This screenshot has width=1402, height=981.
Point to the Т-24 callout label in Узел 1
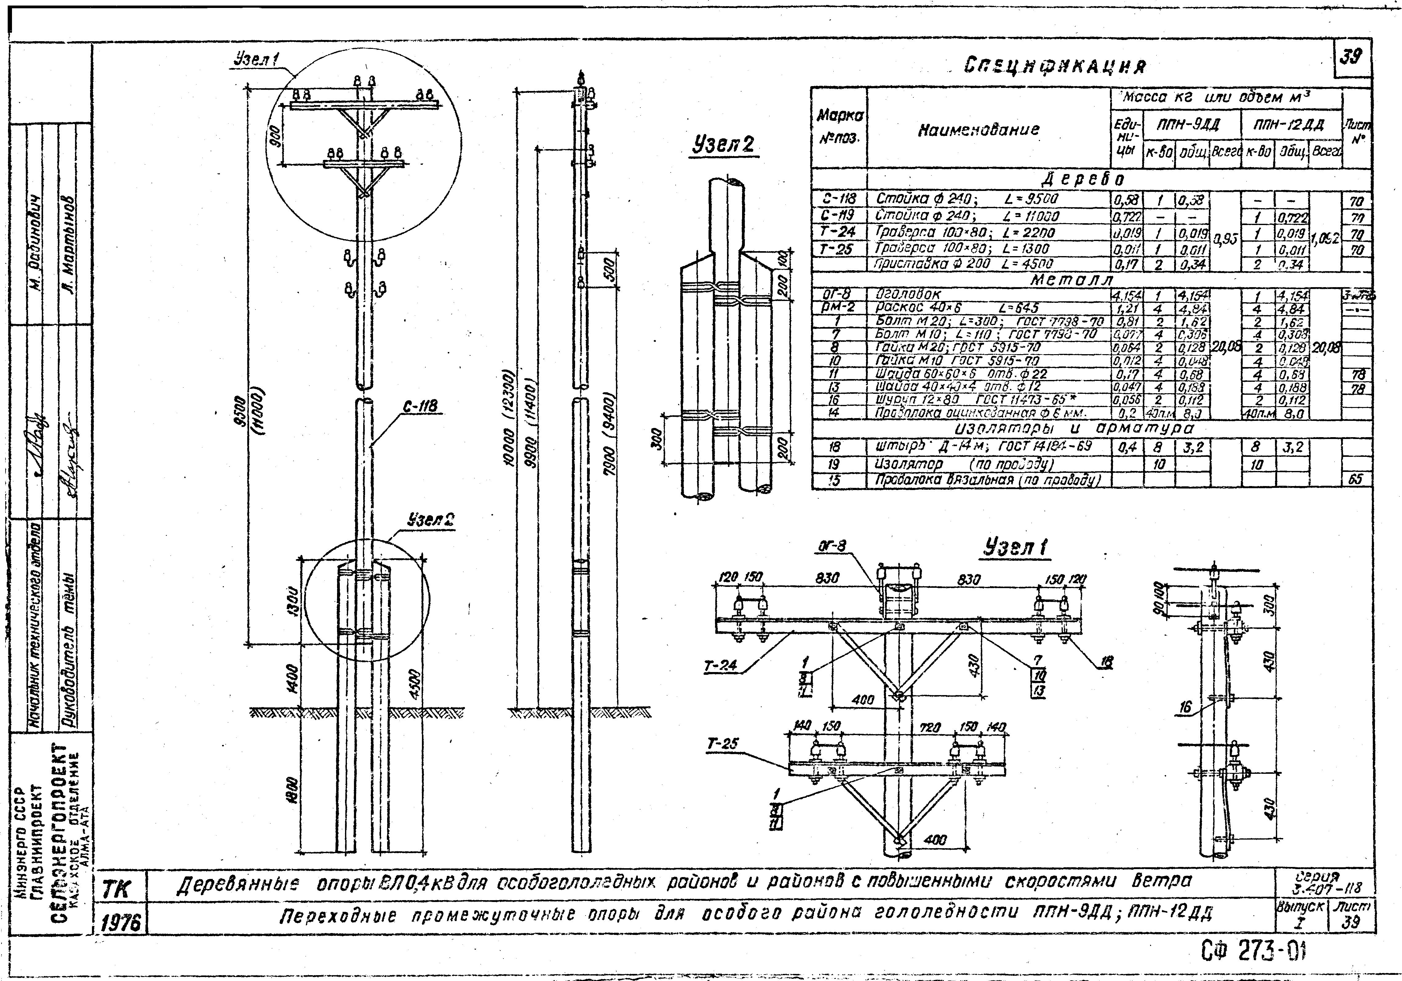[x=721, y=667]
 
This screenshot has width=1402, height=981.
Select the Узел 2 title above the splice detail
[x=724, y=145]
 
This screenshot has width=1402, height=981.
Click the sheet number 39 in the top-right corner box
[x=1351, y=57]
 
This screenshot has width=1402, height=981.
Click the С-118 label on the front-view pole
[x=420, y=406]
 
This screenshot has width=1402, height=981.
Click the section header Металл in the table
[x=1072, y=279]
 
